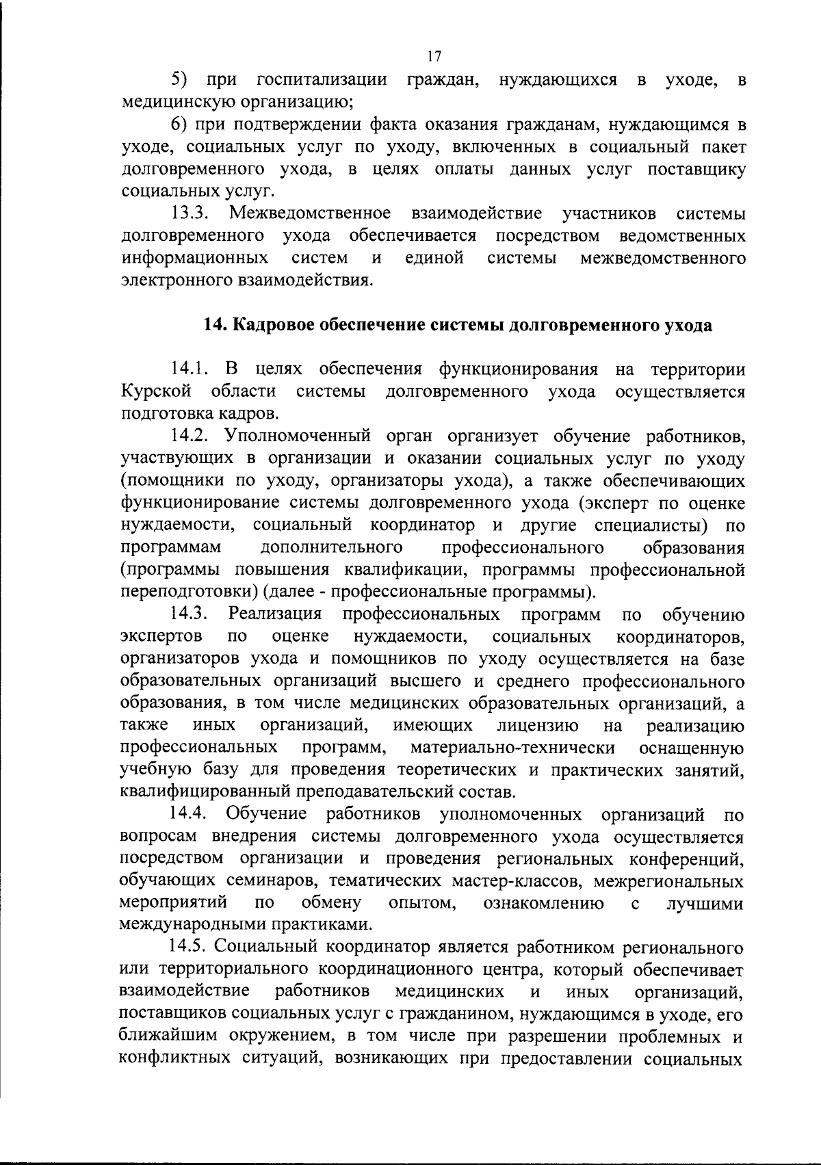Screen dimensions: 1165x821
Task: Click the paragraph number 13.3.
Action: [x=189, y=213]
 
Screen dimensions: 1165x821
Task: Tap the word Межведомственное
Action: [x=311, y=213]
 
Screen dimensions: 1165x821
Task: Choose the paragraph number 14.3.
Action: [x=189, y=614]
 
